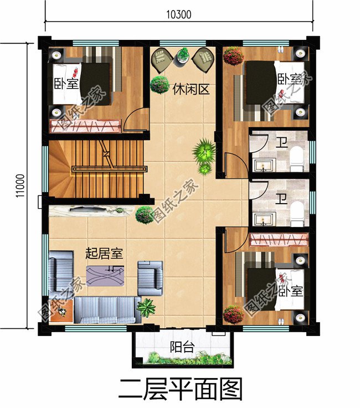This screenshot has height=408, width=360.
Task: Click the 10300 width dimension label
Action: pyautogui.click(x=178, y=14)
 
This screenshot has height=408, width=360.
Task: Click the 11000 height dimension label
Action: pyautogui.click(x=20, y=186)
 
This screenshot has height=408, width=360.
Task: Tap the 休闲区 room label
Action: pyautogui.click(x=191, y=89)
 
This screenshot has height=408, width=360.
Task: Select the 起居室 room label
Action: pyautogui.click(x=104, y=253)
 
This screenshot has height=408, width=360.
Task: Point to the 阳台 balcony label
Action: pyautogui.click(x=182, y=347)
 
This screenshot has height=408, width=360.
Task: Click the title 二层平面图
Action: pyautogui.click(x=180, y=390)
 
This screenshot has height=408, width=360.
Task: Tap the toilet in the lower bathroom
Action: pyautogui.click(x=297, y=214)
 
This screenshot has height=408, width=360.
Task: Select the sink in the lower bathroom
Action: pyautogui.click(x=265, y=219)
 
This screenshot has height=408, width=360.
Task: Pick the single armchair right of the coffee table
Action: pyautogui.click(x=150, y=278)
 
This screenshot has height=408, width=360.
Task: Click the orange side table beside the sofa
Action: pyautogui.click(x=61, y=312)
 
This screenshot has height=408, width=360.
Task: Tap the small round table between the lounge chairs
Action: pyautogui.click(x=183, y=55)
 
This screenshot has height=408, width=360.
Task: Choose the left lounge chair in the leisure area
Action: pyautogui.click(x=162, y=60)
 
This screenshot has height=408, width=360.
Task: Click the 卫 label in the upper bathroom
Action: pyautogui.click(x=282, y=143)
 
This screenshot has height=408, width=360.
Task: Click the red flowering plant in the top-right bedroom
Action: pyautogui.click(x=234, y=56)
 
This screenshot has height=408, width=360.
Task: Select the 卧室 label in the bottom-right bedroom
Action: pyautogui.click(x=291, y=291)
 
